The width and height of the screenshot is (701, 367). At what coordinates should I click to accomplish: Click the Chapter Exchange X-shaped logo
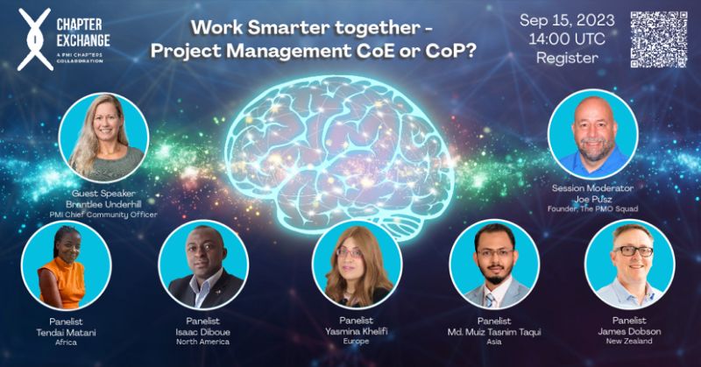coord(33,40)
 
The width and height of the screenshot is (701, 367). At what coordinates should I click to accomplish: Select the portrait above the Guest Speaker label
coord(103,136)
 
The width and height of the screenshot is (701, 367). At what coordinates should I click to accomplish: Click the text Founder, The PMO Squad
coord(593,208)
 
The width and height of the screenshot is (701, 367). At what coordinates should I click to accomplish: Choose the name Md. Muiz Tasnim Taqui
coord(495,332)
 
